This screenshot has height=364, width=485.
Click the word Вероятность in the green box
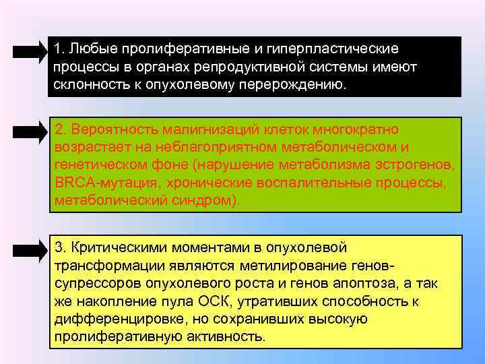(x=108, y=128)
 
